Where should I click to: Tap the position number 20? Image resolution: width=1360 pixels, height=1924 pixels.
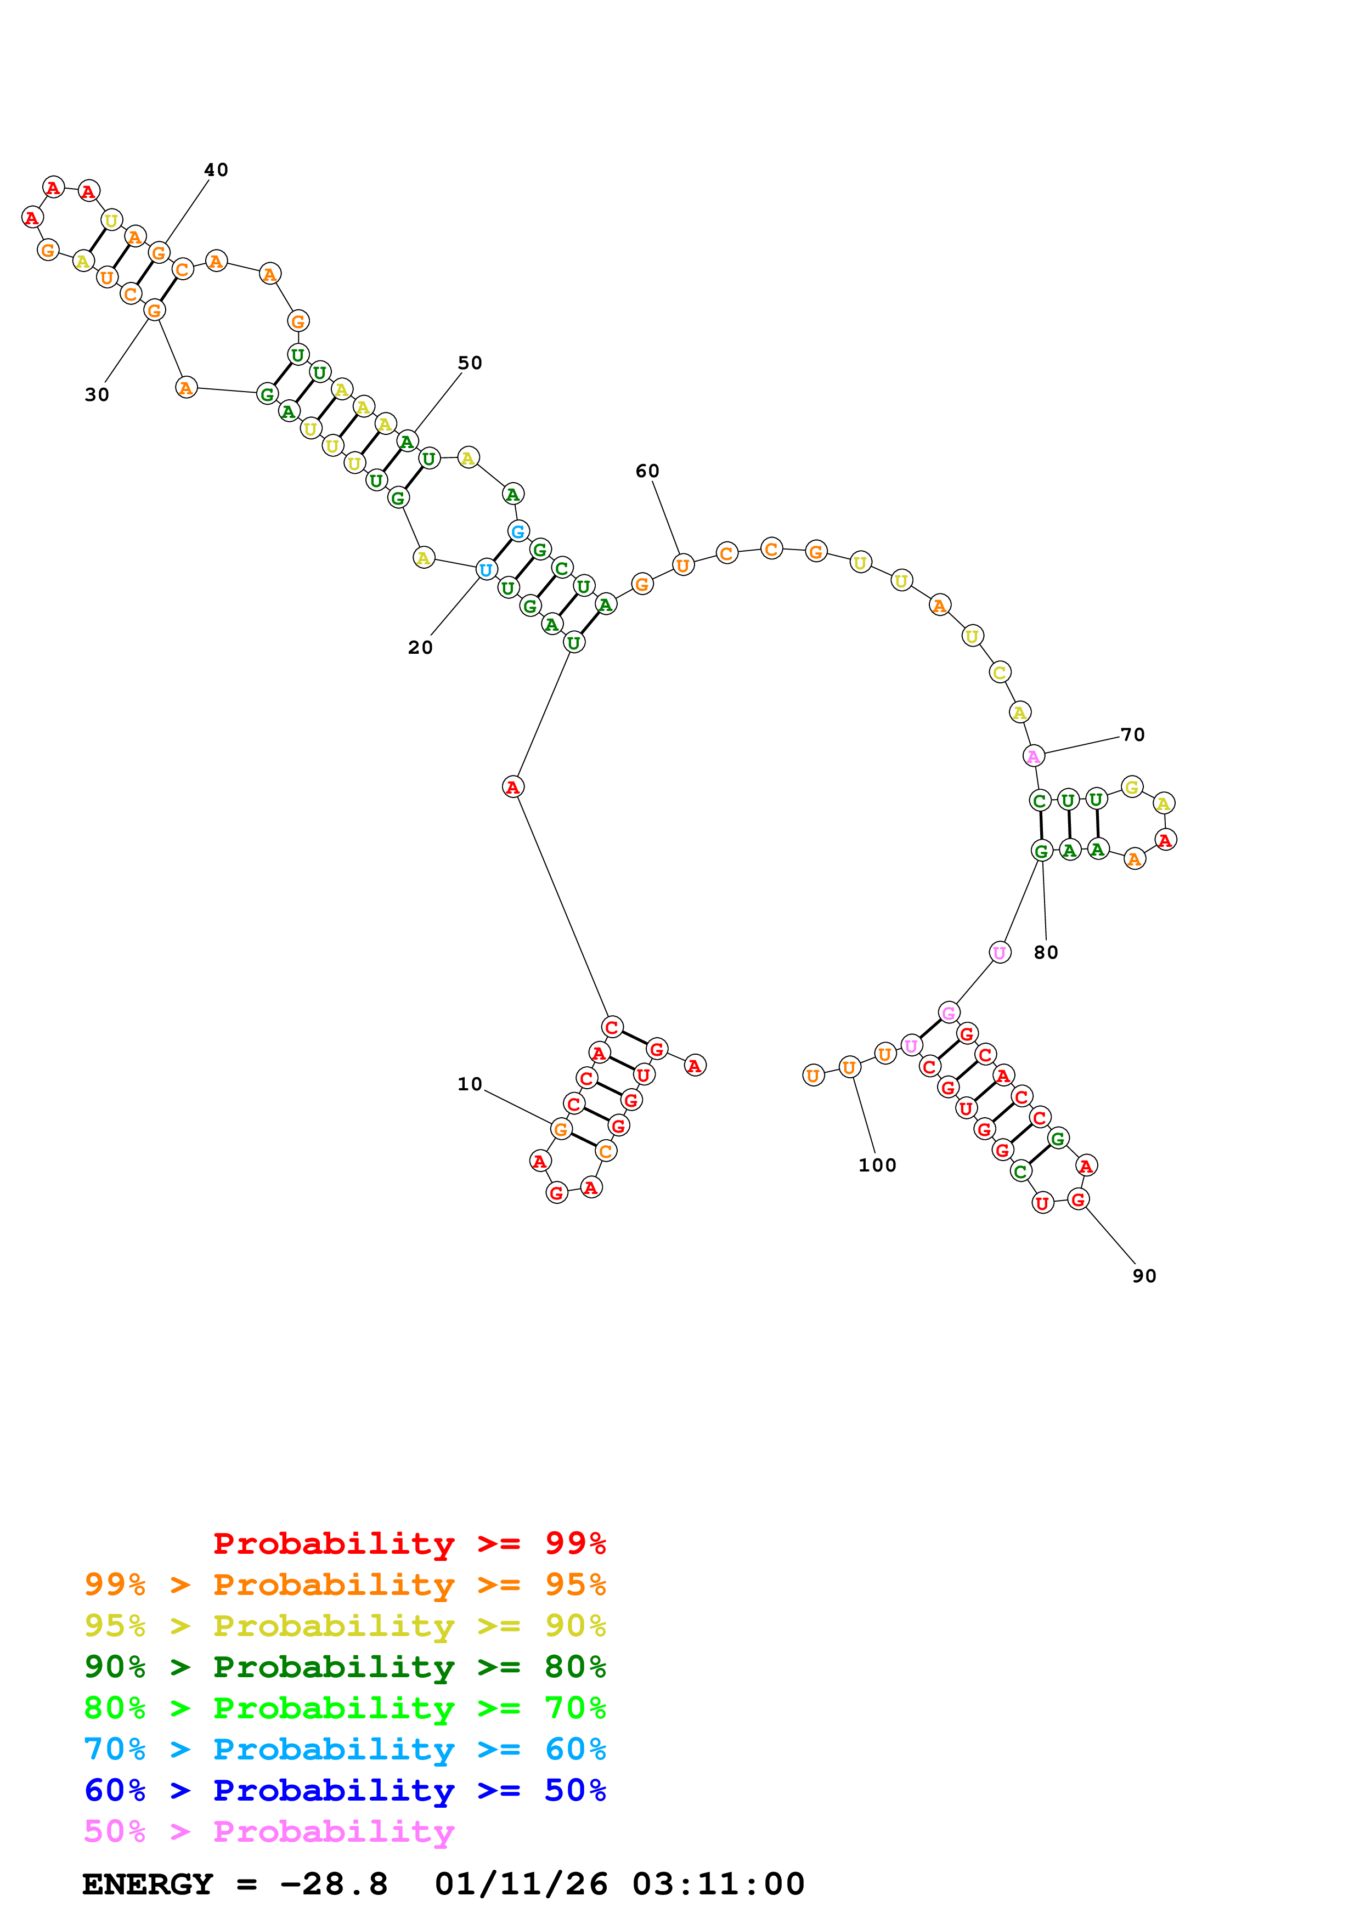click(x=420, y=648)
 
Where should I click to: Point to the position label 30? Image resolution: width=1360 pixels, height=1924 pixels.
click(x=97, y=395)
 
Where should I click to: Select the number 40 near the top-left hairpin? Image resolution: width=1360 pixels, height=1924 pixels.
click(x=216, y=170)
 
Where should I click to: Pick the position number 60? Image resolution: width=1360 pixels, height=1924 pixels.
click(x=647, y=471)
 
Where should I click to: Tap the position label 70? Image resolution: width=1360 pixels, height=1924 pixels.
click(x=1132, y=735)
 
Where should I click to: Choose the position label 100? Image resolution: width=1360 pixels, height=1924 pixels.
click(x=877, y=1165)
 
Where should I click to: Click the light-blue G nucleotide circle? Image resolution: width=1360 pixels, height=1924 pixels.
click(x=518, y=531)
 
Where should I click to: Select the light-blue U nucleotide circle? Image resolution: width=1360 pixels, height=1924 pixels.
click(x=486, y=570)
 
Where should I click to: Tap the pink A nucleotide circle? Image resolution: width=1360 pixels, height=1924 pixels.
click(x=1034, y=756)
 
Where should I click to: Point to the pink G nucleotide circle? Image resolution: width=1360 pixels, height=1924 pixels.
click(x=949, y=1013)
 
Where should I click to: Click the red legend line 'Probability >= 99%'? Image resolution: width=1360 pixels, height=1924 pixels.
click(x=409, y=1543)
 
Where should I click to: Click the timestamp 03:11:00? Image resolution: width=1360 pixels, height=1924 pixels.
click(x=718, y=1885)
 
